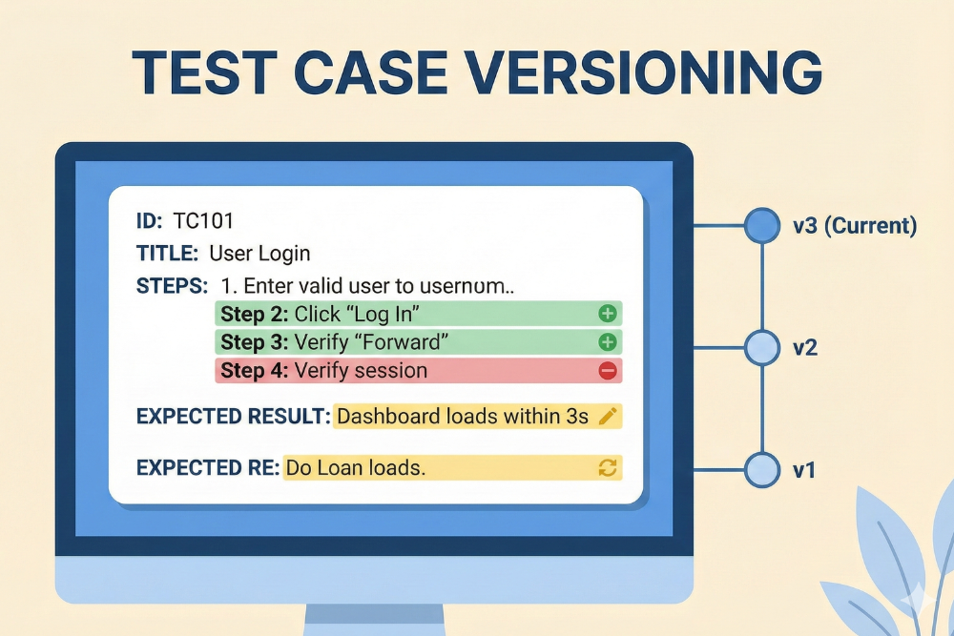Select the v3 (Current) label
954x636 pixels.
coord(854,226)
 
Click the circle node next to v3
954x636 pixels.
coord(761,226)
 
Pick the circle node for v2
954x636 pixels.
coord(761,348)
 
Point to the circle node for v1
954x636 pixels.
coord(761,470)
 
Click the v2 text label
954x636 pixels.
coord(804,348)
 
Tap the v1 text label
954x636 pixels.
coord(803,470)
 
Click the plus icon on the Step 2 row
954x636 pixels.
coord(607,314)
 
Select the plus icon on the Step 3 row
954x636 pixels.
coord(607,342)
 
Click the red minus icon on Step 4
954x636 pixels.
coord(607,371)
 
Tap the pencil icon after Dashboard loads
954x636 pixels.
coord(607,417)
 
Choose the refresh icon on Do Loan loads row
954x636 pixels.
coord(607,467)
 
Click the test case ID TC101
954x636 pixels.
coord(203,221)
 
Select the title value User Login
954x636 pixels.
coord(259,254)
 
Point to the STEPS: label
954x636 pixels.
coord(172,285)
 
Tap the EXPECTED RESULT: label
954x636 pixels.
coord(234,417)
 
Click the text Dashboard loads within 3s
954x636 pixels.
coord(463,417)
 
